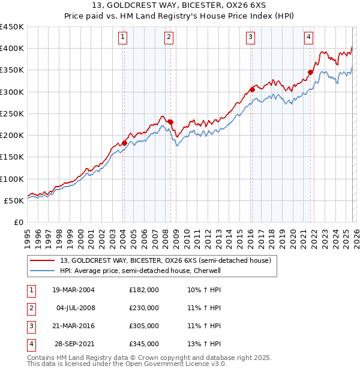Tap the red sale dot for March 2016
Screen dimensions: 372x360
coord(252,90)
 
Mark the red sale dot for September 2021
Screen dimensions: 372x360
coord(311,73)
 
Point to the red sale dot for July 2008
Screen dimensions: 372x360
coord(170,122)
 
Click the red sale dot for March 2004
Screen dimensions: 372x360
coord(124,143)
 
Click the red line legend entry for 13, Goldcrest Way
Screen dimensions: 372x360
coord(166,260)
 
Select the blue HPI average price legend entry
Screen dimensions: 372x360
coord(140,271)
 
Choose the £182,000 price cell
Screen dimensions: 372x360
coord(144,290)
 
